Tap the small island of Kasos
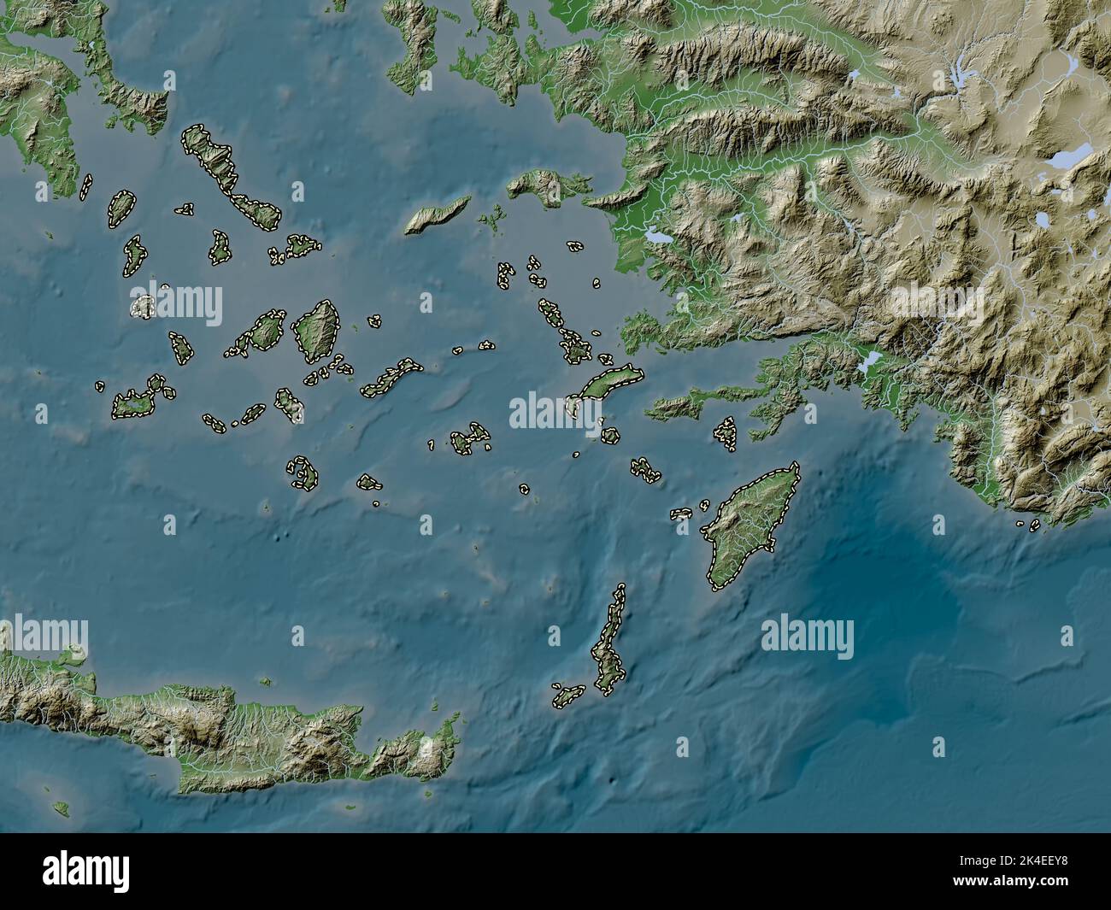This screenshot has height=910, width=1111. [567, 696]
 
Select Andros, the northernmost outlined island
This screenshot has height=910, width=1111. [207, 154]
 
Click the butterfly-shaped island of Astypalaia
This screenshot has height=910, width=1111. [469, 440]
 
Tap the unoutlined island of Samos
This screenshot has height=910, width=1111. [547, 184]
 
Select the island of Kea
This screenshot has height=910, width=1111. [121, 208]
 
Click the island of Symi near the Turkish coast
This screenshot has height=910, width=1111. [726, 432]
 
